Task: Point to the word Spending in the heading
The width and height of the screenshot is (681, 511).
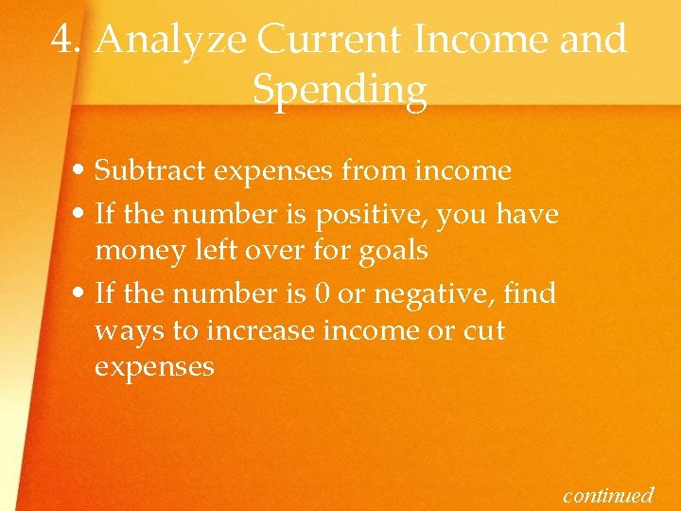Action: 340,91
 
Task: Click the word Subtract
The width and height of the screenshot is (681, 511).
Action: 150,170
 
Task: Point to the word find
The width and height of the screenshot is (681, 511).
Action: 532,293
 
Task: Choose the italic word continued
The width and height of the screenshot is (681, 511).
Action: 608,494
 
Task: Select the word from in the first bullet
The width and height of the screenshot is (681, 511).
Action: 375,170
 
